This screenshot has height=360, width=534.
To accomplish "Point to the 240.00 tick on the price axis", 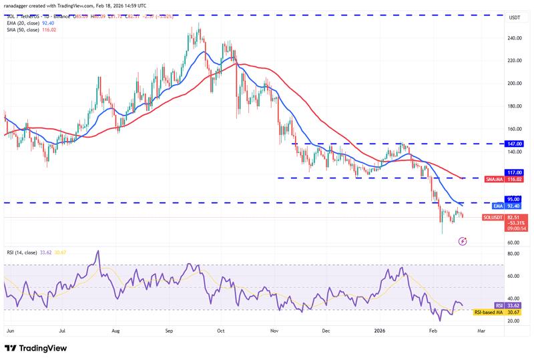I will click(x=513, y=38).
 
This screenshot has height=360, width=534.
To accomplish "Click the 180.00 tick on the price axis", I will click(x=513, y=106).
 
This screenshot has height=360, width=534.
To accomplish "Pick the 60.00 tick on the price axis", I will click(x=513, y=242).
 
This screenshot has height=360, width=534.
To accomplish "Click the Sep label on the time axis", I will click(x=169, y=331).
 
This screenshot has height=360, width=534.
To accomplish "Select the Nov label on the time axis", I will click(x=274, y=331).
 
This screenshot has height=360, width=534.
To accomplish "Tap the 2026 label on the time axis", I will click(x=379, y=331).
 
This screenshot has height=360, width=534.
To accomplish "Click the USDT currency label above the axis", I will click(x=514, y=17).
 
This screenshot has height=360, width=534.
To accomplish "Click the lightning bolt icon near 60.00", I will click(x=463, y=241).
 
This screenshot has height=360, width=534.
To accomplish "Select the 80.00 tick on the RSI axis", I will click(x=513, y=254).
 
